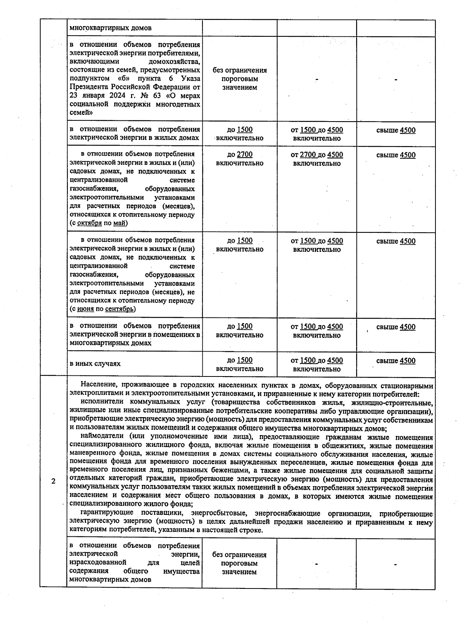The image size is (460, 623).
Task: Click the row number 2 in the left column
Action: coord(53,482)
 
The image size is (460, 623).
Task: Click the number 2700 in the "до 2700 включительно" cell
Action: coord(245,155)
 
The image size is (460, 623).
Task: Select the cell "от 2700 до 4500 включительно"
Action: coord(317,159)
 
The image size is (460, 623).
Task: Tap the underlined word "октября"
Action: coord(89,223)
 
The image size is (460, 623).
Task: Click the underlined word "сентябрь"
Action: coord(120,309)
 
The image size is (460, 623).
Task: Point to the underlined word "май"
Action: coord(119,223)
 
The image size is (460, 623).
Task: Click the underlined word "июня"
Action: coord(85,309)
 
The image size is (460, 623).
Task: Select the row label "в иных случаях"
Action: coord(95,363)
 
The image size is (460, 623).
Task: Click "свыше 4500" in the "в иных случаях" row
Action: coord(396,360)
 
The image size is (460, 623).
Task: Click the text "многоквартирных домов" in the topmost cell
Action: coord(110,28)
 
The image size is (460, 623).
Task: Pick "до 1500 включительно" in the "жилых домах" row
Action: coord(240,134)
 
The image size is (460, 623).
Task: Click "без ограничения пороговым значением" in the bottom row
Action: coord(239,563)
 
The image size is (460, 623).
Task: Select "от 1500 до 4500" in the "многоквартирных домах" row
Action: coord(317,327)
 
